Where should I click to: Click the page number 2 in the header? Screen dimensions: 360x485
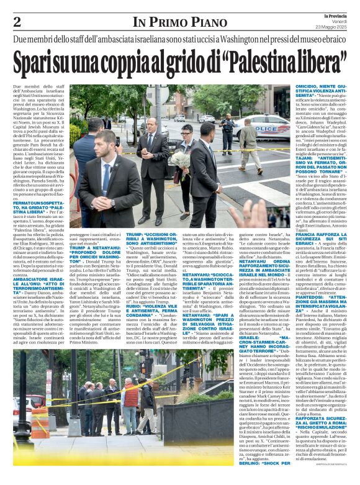point(17,22)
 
